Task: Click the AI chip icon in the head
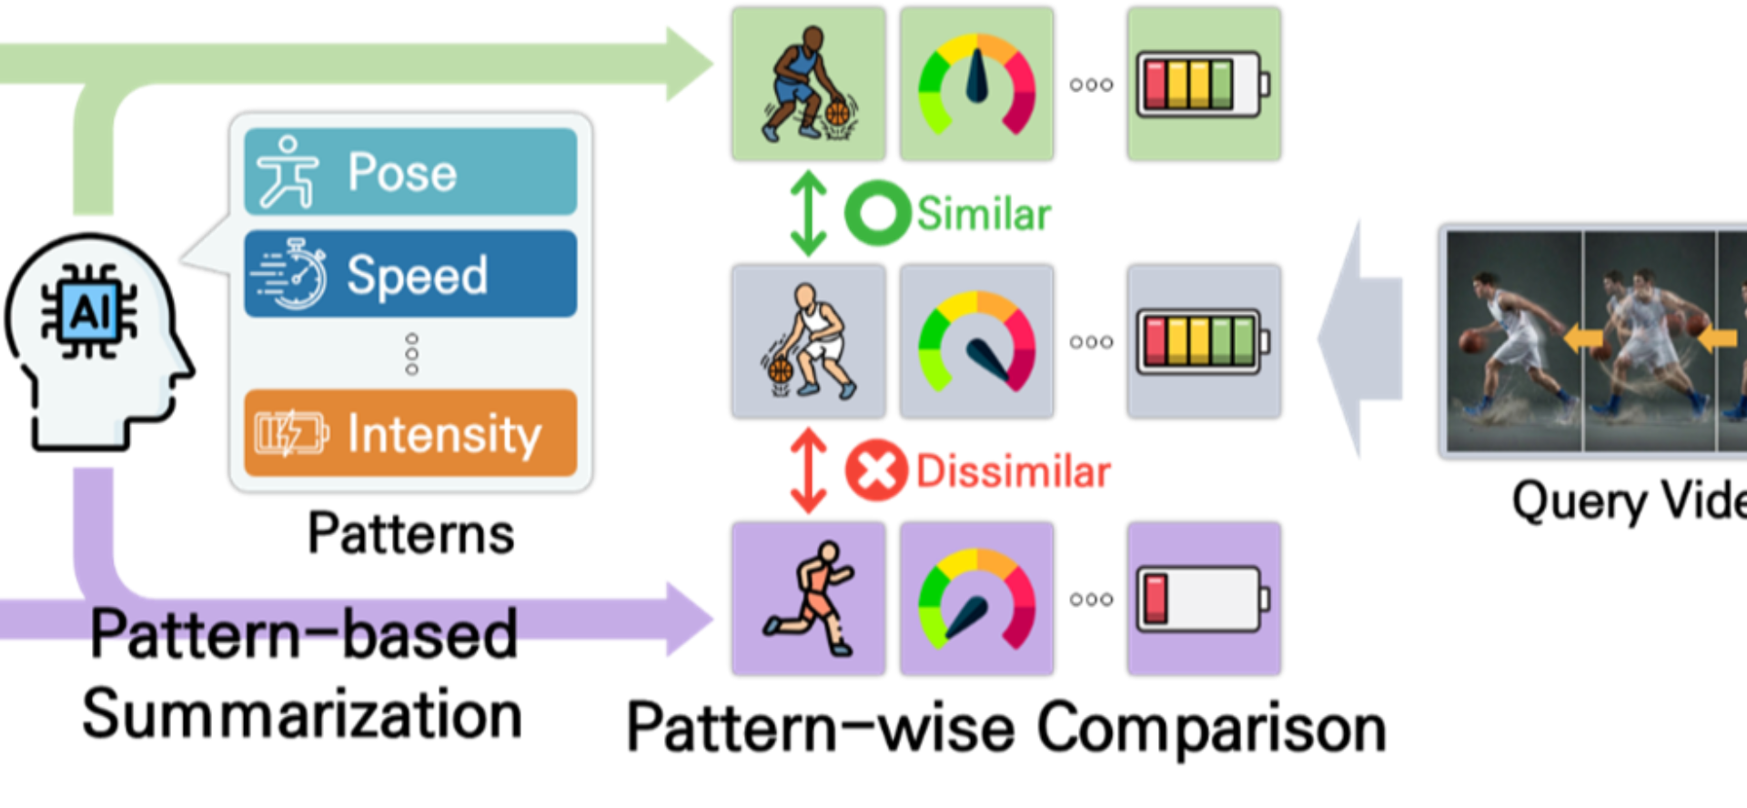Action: pos(89,312)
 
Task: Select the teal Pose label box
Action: pos(410,172)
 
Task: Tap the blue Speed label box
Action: pos(410,274)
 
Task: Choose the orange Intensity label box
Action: pos(410,433)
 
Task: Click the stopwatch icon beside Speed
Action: pos(291,274)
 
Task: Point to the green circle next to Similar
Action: pos(876,213)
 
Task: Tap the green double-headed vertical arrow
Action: pos(808,214)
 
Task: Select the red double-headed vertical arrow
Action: pos(808,470)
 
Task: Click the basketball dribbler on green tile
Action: pos(808,85)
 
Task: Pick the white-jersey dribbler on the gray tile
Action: pos(808,342)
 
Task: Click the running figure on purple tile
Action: pos(808,599)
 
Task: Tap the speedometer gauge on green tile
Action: pos(976,85)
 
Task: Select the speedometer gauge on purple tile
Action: pos(976,599)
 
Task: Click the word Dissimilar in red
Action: pos(1013,471)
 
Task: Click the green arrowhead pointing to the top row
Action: pos(689,64)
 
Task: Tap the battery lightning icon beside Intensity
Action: pos(289,433)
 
